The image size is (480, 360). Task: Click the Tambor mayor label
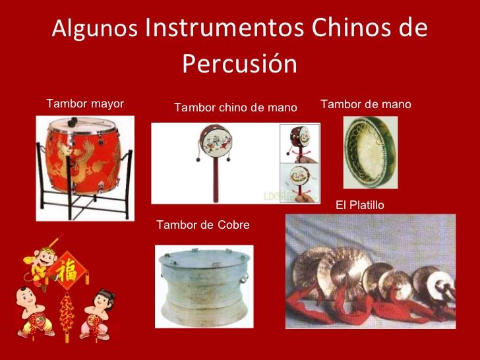click(85, 104)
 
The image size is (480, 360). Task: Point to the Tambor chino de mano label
click(235, 107)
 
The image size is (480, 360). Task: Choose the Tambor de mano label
click(365, 104)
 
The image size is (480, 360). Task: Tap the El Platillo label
click(359, 206)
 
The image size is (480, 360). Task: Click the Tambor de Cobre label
click(203, 225)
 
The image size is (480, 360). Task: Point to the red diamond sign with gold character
click(68, 270)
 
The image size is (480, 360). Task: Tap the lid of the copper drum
click(204, 258)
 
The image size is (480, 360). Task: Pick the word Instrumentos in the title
click(219, 28)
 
